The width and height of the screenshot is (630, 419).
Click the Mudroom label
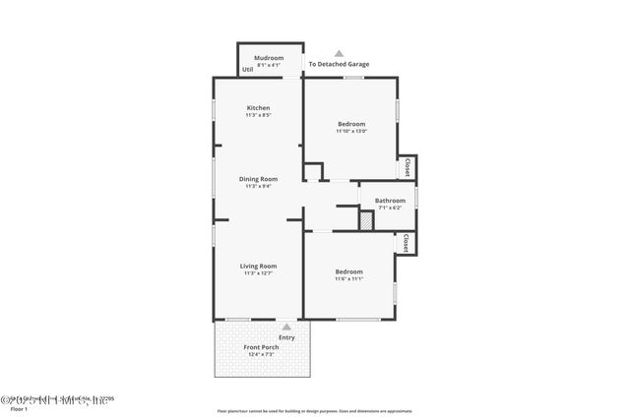[x=270, y=58]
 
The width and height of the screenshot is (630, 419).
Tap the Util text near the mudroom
[x=247, y=69]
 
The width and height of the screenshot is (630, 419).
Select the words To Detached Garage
[x=339, y=64]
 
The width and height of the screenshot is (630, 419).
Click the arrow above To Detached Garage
[x=339, y=53]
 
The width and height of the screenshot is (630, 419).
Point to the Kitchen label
[x=258, y=107]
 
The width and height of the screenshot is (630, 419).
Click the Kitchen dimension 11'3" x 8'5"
[x=258, y=115]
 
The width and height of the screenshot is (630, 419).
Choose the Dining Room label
[x=258, y=178]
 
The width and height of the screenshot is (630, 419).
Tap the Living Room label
[x=259, y=266]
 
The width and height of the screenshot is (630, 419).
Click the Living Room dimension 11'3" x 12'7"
[x=259, y=273]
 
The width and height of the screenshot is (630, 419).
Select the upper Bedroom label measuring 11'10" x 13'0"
[x=351, y=123]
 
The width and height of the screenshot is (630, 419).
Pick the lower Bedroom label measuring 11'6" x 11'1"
[x=349, y=271]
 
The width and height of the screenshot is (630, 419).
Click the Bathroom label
[x=390, y=200]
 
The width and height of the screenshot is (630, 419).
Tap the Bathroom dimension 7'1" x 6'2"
[x=390, y=208]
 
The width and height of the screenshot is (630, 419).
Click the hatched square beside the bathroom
[x=365, y=221]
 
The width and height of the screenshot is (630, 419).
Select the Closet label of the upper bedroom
[x=407, y=167]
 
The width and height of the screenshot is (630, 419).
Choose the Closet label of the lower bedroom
[x=406, y=243]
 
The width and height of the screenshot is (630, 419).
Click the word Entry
[x=286, y=337]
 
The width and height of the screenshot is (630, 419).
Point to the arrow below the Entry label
[x=286, y=327]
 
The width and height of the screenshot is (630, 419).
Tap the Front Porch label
[x=261, y=346]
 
